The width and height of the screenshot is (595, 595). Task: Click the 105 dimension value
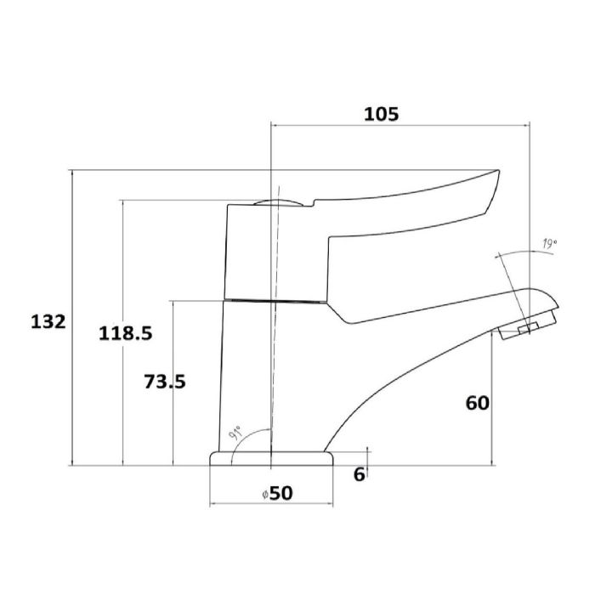pos(381,114)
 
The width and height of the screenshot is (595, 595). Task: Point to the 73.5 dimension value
pos(164,382)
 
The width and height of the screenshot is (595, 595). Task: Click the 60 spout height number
pos(477,403)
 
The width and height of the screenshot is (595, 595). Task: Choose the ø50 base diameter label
pos(278,493)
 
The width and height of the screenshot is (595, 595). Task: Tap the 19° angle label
pos(548,245)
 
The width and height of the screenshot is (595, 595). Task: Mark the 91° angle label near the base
pos(235,435)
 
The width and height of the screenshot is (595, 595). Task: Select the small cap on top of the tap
pos(279,202)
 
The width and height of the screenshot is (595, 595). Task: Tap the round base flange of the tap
pos(270,459)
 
